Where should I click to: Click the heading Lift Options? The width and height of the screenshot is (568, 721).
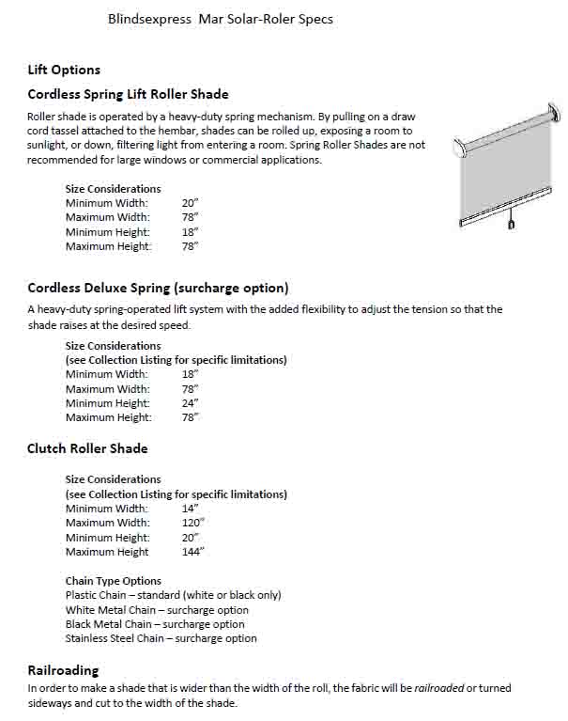click(64, 70)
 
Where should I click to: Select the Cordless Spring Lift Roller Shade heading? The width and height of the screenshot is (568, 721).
click(128, 94)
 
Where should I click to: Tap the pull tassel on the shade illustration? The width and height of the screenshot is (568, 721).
click(511, 225)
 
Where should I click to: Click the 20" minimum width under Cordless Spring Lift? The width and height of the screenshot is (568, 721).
click(190, 203)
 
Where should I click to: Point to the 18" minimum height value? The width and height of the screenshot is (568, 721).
click(190, 232)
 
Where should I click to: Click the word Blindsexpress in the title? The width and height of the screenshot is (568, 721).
click(151, 19)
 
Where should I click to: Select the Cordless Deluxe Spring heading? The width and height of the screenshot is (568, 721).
click(158, 288)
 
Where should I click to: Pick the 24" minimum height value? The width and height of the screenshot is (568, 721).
click(190, 403)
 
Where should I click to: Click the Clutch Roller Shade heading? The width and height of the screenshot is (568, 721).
click(87, 448)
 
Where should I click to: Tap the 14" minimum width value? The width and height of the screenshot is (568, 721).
click(190, 509)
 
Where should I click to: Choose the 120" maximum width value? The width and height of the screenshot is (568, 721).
click(192, 523)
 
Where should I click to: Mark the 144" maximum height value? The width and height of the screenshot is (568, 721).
click(192, 552)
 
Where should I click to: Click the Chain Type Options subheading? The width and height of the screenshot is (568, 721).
click(113, 581)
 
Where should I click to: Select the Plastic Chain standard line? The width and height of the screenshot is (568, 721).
click(173, 595)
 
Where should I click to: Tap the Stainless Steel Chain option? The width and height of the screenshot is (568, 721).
click(161, 638)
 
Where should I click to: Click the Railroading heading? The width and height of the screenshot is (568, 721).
click(63, 670)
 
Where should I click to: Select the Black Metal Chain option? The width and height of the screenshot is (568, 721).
click(154, 624)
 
